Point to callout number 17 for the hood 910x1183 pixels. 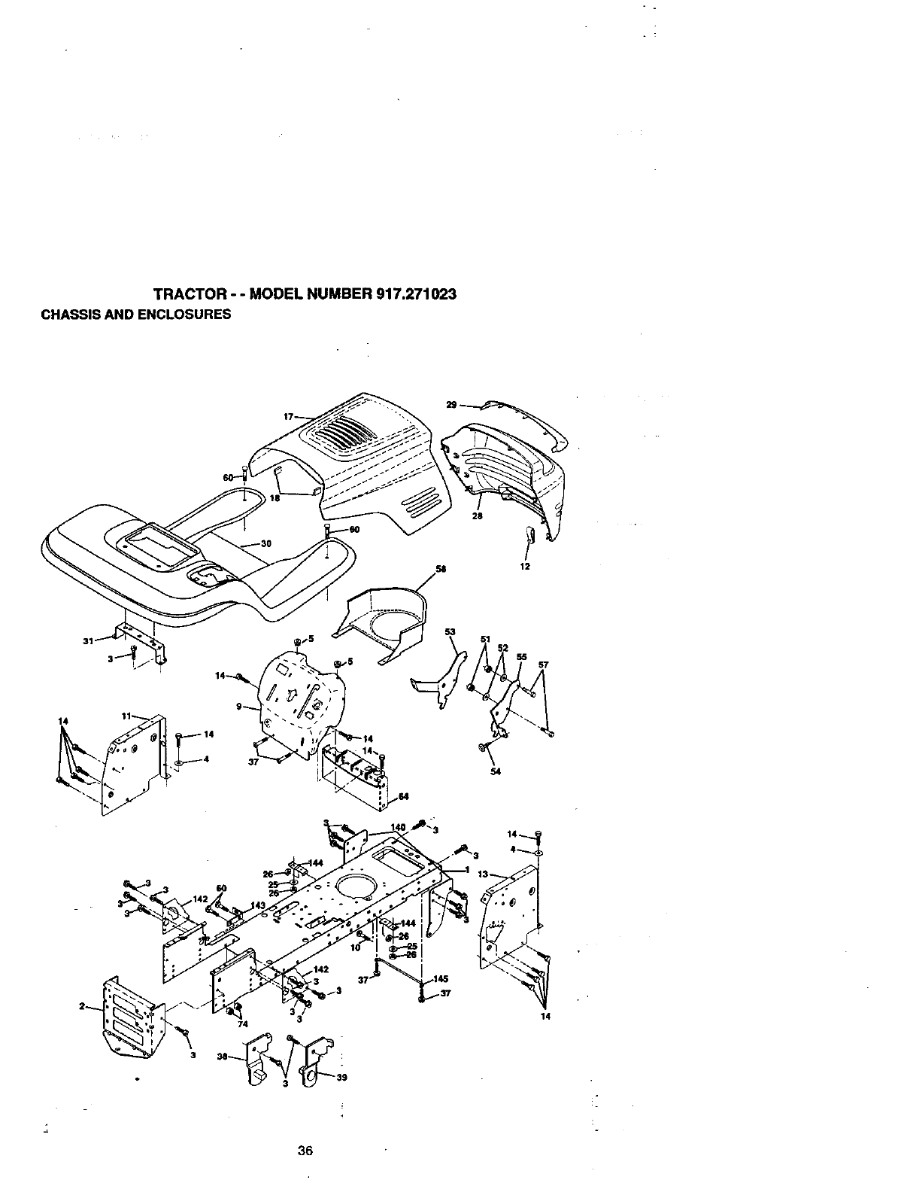click(288, 416)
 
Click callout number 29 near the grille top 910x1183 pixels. click(451, 405)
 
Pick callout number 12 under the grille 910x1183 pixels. click(525, 566)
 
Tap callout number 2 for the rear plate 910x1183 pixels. click(81, 1008)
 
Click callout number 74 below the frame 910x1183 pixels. click(242, 1023)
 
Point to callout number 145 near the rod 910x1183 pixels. click(441, 978)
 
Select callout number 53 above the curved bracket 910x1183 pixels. click(450, 631)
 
